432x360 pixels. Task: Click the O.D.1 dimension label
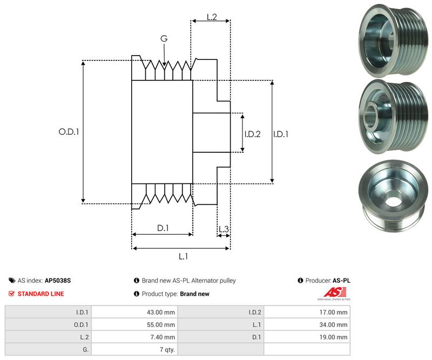(x=69, y=131)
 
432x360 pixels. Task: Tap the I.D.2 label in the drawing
(x=252, y=134)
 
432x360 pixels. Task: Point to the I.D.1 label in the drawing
(x=281, y=134)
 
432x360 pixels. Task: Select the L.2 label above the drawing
(x=212, y=17)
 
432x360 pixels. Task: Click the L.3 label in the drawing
(x=224, y=230)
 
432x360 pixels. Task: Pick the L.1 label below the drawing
(x=183, y=256)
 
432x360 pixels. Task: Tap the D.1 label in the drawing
(x=163, y=228)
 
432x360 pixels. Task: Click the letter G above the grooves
(x=164, y=38)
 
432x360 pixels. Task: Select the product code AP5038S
(x=58, y=281)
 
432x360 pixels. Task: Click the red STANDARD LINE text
(x=40, y=294)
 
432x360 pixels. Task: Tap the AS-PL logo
(x=333, y=294)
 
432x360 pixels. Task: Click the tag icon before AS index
(x=12, y=281)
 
